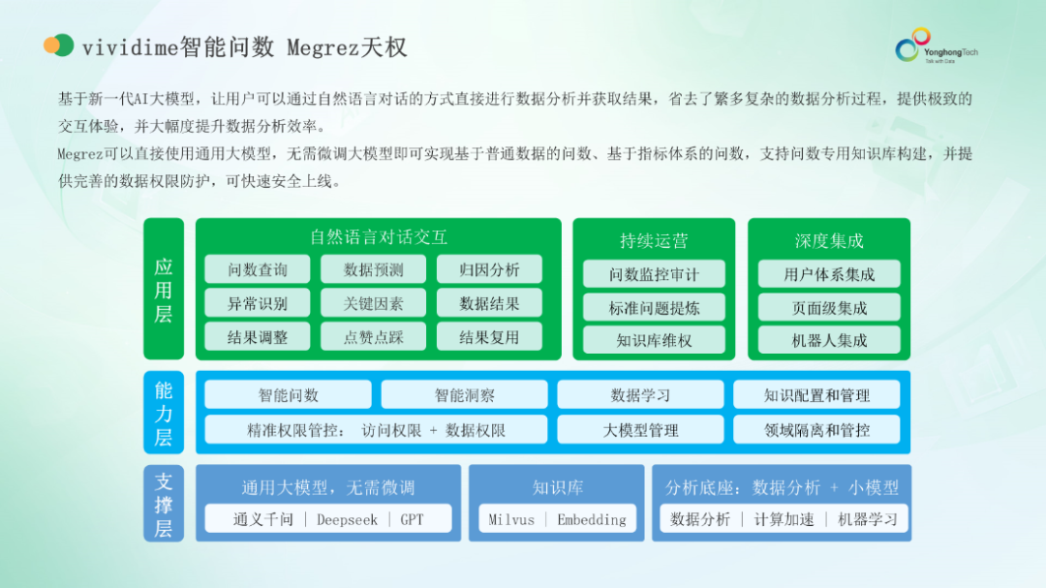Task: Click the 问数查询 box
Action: coord(258,269)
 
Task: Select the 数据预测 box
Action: coord(373,269)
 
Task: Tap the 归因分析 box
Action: coord(489,269)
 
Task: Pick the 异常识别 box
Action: coord(258,303)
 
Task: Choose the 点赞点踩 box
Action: coord(373,337)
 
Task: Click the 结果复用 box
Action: coord(489,337)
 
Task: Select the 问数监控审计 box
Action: coord(654,274)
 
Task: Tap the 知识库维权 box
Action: coord(654,340)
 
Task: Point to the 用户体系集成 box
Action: coord(829,274)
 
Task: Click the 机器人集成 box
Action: coord(829,340)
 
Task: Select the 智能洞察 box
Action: coord(464,395)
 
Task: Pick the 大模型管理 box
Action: coord(640,430)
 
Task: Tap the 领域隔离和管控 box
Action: coord(816,430)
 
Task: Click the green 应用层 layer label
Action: coord(164,290)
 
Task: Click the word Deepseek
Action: coord(347,519)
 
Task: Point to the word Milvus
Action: coord(511,519)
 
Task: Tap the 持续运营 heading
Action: coord(654,240)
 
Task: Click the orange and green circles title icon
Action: coord(59,46)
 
